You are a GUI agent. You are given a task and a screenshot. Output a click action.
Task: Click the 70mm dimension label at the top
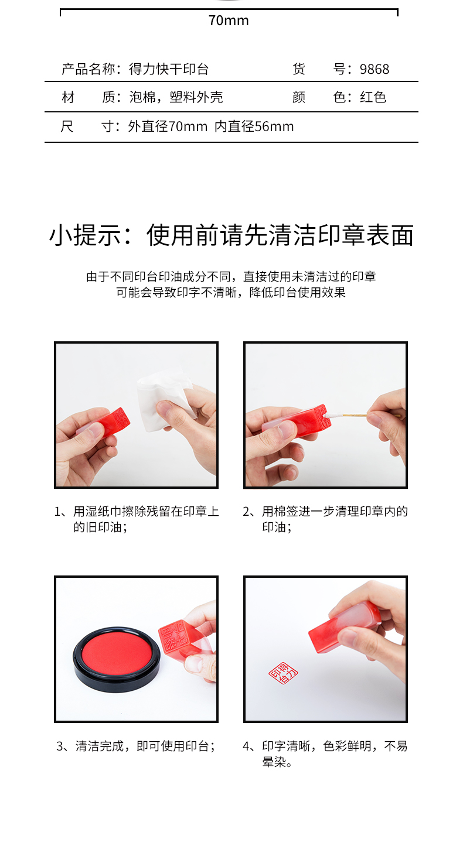229,20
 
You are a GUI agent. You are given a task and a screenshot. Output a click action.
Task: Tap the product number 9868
375,69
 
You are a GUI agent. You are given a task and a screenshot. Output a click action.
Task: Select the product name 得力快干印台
169,69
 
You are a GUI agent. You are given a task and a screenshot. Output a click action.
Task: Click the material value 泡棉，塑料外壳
176,97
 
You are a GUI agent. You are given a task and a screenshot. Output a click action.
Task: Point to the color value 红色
373,97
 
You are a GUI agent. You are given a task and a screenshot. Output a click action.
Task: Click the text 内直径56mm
254,126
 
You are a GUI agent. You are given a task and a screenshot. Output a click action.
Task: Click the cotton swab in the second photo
362,415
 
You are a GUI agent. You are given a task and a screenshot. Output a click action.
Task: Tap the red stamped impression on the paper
283,673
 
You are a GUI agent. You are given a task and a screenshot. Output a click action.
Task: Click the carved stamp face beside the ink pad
173,636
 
